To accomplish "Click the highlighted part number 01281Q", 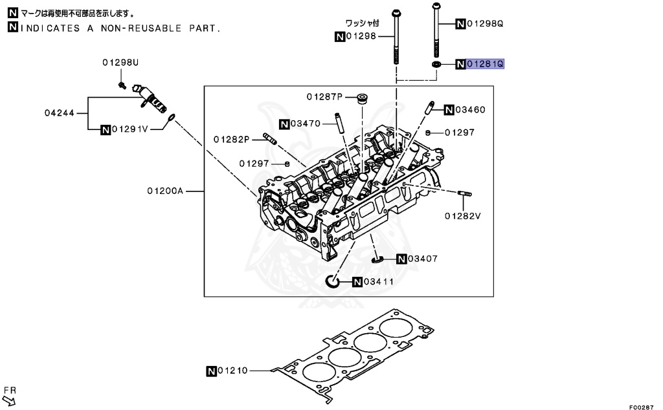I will pyautogui.click(x=484, y=64).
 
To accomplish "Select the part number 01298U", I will pyautogui.click(x=120, y=63).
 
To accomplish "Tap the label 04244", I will pyautogui.click(x=58, y=113).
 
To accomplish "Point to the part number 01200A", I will pyautogui.click(x=165, y=191).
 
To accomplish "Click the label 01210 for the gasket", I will pyautogui.click(x=232, y=371).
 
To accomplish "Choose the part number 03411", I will pyautogui.click(x=379, y=281).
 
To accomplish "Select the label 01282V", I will pyautogui.click(x=463, y=215).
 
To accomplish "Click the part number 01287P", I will pyautogui.click(x=324, y=97).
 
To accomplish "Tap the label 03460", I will pyautogui.click(x=469, y=109).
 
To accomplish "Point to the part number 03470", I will pyautogui.click(x=306, y=124).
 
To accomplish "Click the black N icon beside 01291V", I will pyautogui.click(x=106, y=129).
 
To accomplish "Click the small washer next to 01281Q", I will pyautogui.click(x=436, y=65).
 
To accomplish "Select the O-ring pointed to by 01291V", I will pyautogui.click(x=171, y=118).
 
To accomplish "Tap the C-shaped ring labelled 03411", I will pyautogui.click(x=331, y=281).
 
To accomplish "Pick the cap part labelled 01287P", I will pyautogui.click(x=363, y=99).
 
